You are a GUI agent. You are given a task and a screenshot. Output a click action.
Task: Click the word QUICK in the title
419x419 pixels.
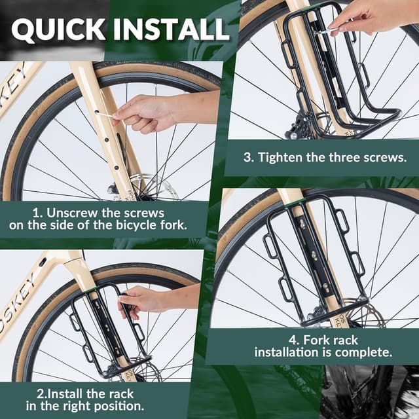coord(58,29)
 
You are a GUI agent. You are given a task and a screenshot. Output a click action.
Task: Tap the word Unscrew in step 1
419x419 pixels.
coord(73,213)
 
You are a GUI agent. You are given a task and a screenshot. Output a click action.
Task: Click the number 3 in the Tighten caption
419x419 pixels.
coord(248,157)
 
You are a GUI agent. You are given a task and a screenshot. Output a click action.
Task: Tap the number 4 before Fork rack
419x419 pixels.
coord(294,340)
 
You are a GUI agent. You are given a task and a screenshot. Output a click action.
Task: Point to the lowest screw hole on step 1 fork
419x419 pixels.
coord(117,168)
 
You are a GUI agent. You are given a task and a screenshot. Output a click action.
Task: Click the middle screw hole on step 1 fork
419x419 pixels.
coord(106,139)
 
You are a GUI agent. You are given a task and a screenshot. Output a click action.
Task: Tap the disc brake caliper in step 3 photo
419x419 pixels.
coord(299,126)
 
